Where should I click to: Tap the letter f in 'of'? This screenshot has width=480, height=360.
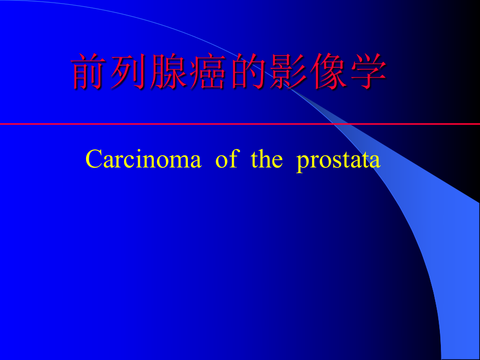coord(233,159)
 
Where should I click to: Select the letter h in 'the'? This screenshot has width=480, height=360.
coord(265,159)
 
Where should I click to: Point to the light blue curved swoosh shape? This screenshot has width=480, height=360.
coord(417,219)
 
